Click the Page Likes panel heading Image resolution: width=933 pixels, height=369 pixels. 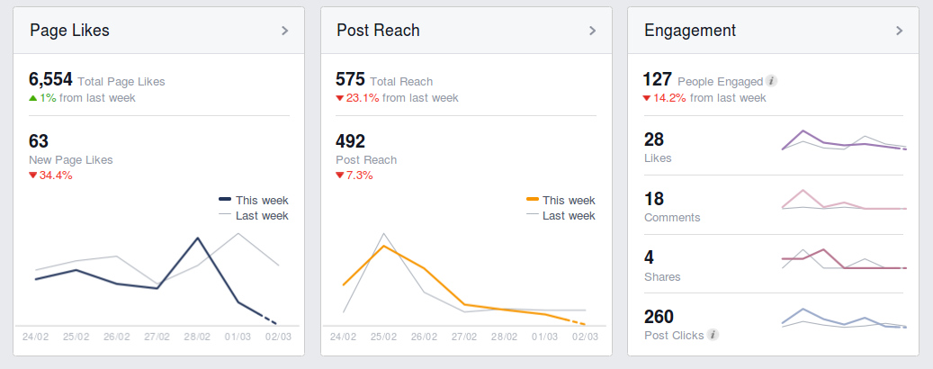(x=69, y=31)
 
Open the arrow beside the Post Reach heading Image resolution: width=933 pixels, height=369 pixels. (x=592, y=31)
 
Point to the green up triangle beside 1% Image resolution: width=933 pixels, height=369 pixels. (x=33, y=97)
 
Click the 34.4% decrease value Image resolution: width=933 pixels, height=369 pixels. (x=55, y=175)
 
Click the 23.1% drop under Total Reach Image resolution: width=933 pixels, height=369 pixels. (x=362, y=98)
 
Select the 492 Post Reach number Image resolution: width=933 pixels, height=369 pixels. (x=351, y=141)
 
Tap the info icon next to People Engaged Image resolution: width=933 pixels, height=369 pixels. (x=772, y=81)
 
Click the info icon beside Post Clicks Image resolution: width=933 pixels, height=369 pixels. (x=713, y=336)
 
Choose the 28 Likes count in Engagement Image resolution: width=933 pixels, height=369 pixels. (x=654, y=139)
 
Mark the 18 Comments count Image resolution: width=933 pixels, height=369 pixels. (x=654, y=199)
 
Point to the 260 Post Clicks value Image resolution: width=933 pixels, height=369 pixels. (x=659, y=317)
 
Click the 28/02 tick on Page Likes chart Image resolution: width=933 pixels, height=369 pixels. (x=197, y=337)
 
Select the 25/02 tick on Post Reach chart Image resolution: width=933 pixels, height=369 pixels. (x=383, y=337)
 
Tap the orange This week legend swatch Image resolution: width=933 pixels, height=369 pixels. (x=533, y=200)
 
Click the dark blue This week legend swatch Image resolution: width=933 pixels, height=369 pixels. (x=225, y=200)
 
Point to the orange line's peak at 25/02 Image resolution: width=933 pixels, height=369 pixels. (x=383, y=246)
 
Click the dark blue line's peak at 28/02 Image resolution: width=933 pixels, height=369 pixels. (x=197, y=238)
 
